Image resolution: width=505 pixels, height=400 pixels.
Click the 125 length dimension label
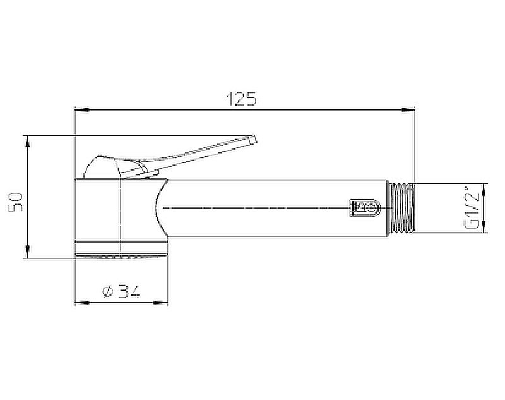[x=242, y=99]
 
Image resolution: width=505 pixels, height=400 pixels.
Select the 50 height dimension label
[x=15, y=202]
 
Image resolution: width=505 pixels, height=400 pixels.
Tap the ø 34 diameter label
[x=121, y=291]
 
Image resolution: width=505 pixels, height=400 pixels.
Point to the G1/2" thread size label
[x=472, y=208]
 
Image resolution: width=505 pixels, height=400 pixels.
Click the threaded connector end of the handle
[x=401, y=208]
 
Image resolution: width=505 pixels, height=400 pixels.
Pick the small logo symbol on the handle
[x=365, y=208]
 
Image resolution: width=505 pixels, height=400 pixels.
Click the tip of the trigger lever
[x=254, y=139]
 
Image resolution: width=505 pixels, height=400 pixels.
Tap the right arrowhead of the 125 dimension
[x=408, y=110]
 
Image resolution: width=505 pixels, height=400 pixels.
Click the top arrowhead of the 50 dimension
[x=27, y=142]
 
